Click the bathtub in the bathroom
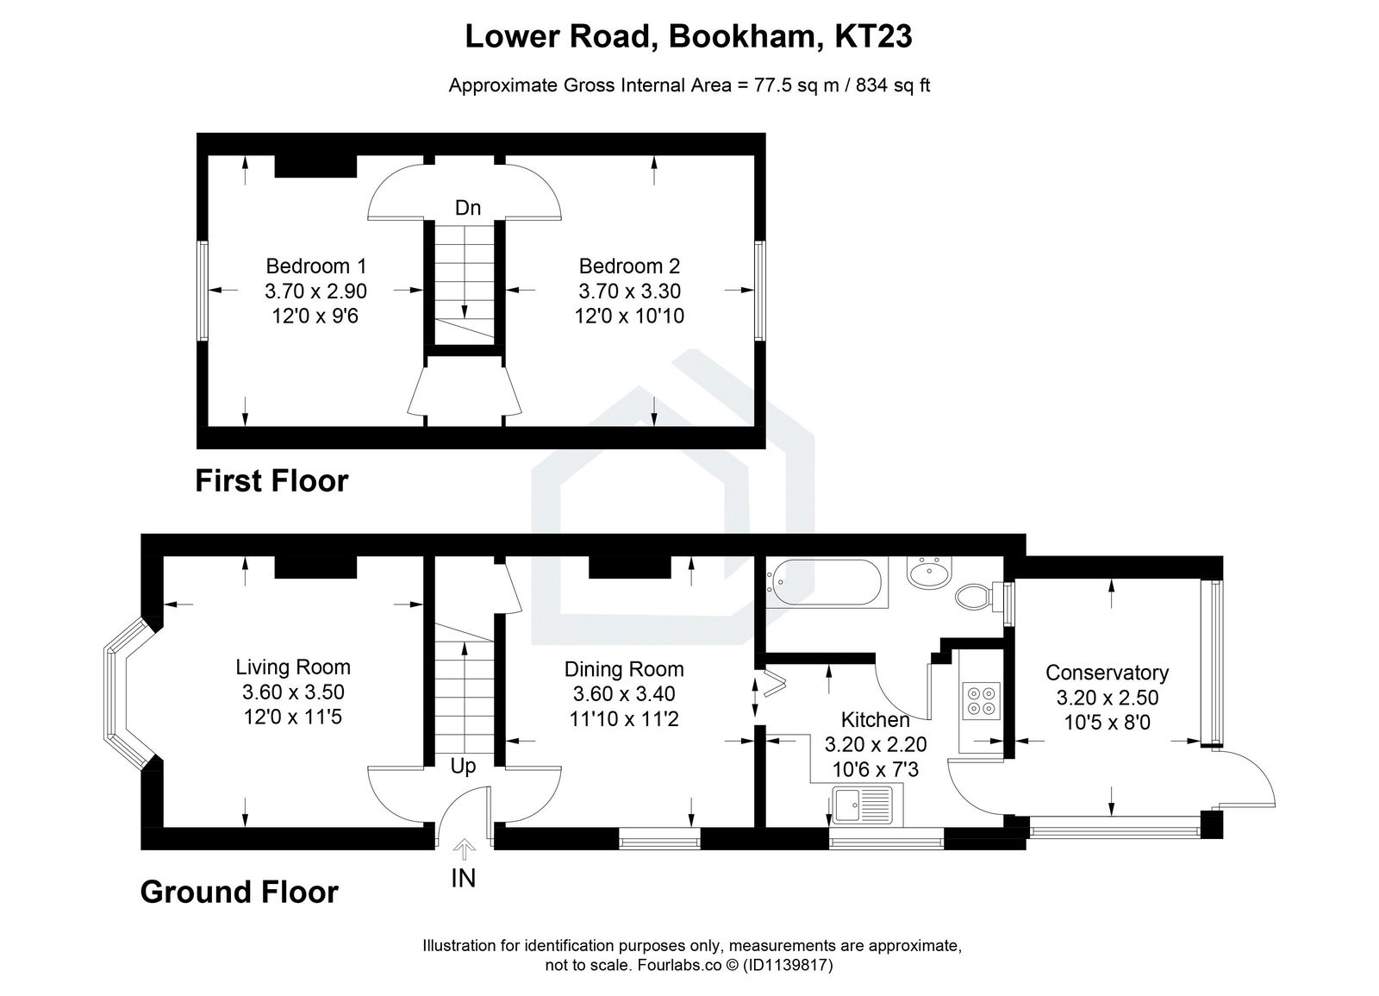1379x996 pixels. coord(825,584)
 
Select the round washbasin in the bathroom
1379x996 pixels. coord(930,570)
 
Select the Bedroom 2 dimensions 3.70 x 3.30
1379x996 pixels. coord(629,291)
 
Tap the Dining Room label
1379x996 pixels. coord(624,669)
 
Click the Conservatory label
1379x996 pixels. coord(1107,673)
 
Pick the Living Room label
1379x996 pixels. coord(293,667)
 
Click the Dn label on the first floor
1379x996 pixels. coord(467,208)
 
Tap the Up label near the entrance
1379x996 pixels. coord(463,767)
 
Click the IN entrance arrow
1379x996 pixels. coord(464,851)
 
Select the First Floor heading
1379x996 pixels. coord(271,480)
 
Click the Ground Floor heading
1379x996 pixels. coord(239,892)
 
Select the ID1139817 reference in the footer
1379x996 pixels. coord(787,966)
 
